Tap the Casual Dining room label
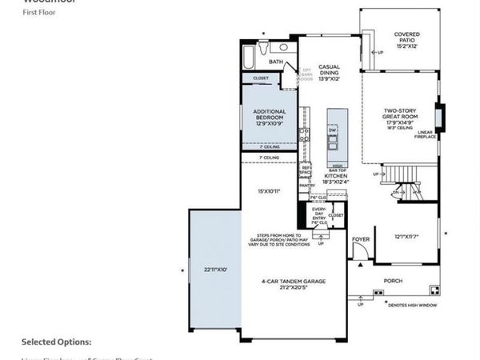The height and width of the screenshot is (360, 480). pyautogui.click(x=330, y=72)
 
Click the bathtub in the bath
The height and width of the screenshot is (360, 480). pyautogui.click(x=249, y=58)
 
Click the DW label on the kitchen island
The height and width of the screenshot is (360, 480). pyautogui.click(x=332, y=129)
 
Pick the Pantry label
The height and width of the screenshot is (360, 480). pyautogui.click(x=305, y=185)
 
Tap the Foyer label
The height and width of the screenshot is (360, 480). pyautogui.click(x=360, y=238)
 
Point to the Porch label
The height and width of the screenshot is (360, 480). pyautogui.click(x=392, y=281)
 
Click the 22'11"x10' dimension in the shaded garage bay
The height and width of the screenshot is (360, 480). pyautogui.click(x=215, y=270)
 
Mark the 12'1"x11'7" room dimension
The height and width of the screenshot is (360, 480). pyautogui.click(x=406, y=237)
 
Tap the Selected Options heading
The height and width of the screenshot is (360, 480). pyautogui.click(x=56, y=342)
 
